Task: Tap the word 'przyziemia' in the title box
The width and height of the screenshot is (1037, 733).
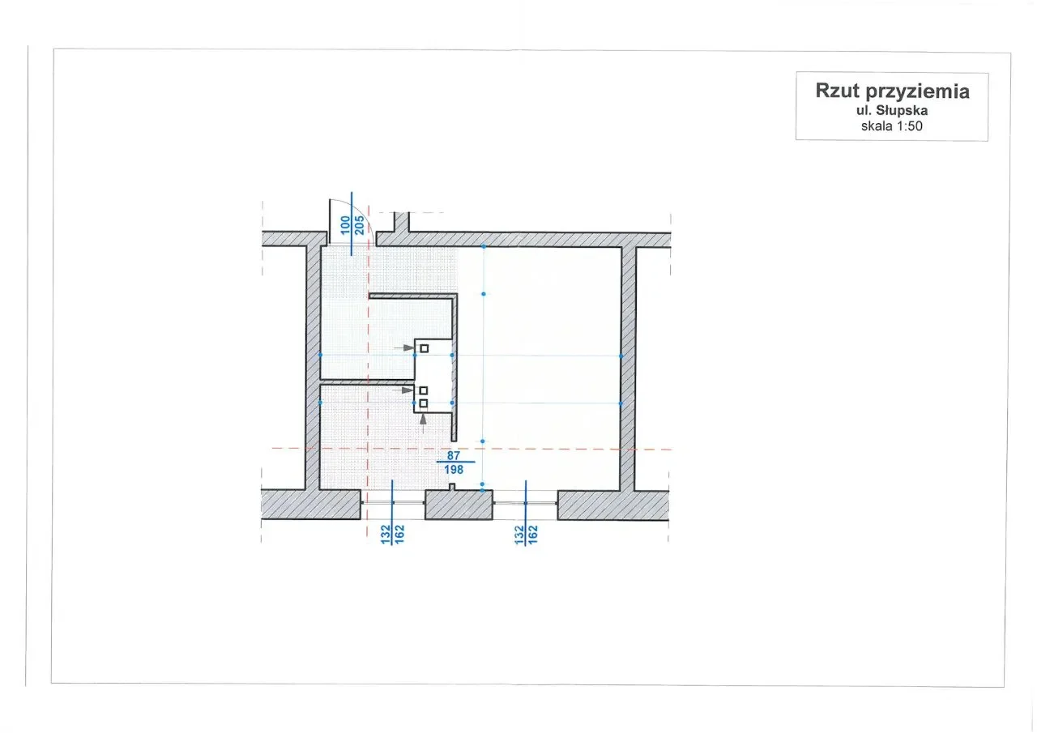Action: (x=918, y=92)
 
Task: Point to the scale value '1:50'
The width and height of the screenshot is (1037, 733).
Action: (x=910, y=126)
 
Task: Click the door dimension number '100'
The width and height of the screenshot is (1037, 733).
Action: (x=345, y=225)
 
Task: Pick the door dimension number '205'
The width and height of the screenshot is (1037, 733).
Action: (x=359, y=225)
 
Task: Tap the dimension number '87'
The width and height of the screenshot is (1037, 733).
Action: (x=453, y=455)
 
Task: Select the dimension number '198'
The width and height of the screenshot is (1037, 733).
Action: (x=454, y=469)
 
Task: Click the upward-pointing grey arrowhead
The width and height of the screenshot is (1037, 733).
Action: (x=423, y=420)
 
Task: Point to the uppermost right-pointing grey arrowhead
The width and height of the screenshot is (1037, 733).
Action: (x=408, y=347)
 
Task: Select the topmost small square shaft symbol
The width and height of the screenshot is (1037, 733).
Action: (x=424, y=348)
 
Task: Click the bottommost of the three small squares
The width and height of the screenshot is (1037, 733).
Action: (x=423, y=403)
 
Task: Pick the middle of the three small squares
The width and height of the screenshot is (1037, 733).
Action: (x=423, y=390)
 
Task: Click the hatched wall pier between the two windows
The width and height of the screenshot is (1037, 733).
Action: (x=459, y=505)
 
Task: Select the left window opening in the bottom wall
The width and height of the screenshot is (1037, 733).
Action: (x=393, y=503)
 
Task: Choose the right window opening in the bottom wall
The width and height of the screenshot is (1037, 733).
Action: (x=526, y=503)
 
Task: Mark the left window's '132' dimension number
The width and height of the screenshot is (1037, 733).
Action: (x=386, y=535)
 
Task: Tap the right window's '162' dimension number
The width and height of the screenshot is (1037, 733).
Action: (x=533, y=535)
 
